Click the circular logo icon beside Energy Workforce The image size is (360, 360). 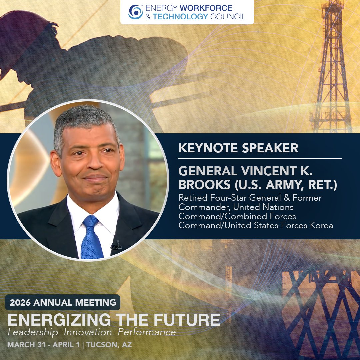coord(135,12)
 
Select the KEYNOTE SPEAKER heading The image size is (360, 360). coord(238,148)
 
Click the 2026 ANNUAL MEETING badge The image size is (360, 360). coord(63,303)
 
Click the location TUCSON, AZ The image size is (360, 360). coord(109,345)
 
